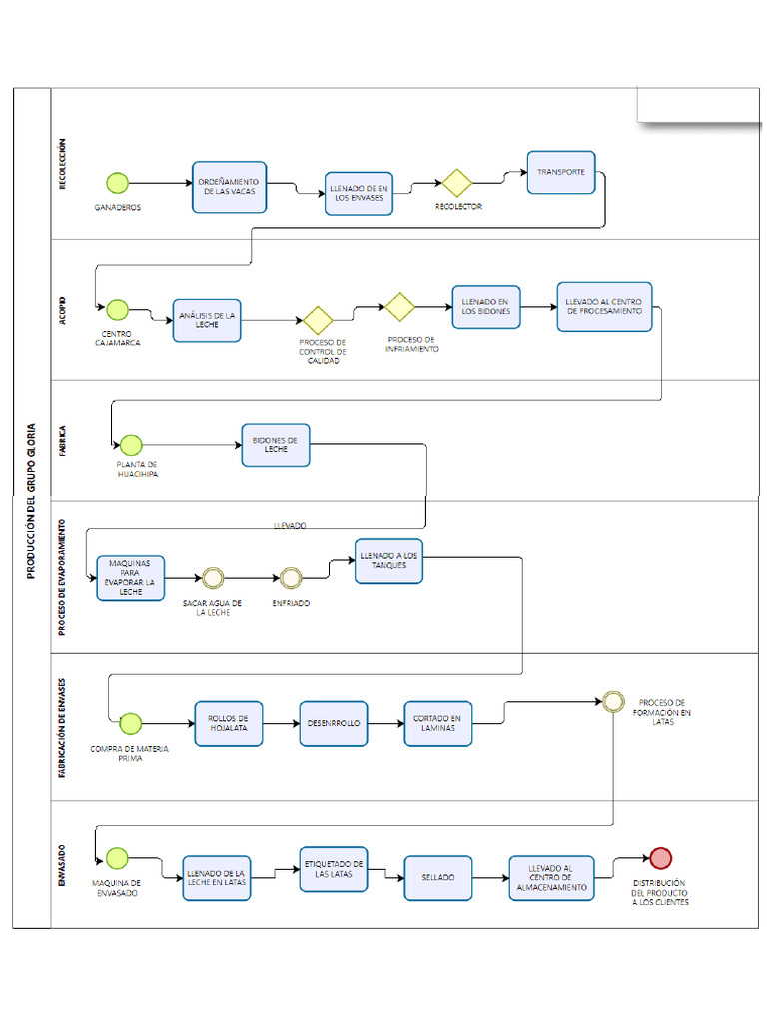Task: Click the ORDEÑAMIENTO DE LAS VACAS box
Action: [230, 187]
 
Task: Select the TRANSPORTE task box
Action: [561, 172]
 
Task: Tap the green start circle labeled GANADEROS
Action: [118, 183]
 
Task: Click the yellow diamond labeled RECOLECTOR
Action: [457, 183]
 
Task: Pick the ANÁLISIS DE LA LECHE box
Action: [207, 320]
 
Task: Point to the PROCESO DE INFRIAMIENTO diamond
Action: [399, 307]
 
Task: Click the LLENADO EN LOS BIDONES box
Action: [486, 307]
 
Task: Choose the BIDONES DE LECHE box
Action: [276, 445]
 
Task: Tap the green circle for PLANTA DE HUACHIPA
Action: [131, 445]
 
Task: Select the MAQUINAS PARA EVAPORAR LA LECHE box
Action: [130, 578]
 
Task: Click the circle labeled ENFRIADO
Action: [291, 577]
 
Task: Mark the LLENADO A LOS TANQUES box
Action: [388, 560]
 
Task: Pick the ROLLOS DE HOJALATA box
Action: [229, 723]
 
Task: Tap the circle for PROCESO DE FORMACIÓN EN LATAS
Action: [613, 701]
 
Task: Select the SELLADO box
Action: [437, 877]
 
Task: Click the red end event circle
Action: [660, 857]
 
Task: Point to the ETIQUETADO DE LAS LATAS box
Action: [334, 869]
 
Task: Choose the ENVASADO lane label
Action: [63, 865]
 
